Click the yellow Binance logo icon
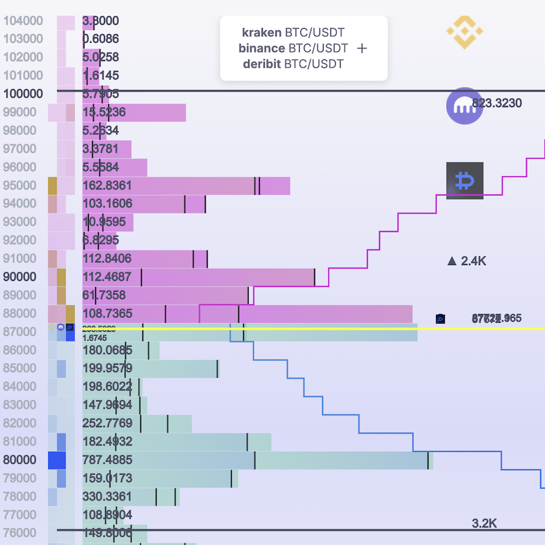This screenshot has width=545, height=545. tap(465, 31)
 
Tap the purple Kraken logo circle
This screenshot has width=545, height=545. tap(464, 106)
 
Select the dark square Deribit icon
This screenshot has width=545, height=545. tap(465, 181)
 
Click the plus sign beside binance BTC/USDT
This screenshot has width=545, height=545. tap(362, 48)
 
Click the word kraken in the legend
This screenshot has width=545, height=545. tap(262, 32)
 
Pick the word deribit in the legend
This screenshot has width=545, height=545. tap(262, 64)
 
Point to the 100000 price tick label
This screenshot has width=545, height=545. tap(23, 94)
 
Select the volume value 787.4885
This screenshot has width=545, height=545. tap(107, 460)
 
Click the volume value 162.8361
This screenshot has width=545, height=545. tap(107, 185)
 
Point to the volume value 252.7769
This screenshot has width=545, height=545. tap(107, 424)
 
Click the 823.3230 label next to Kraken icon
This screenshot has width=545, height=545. tap(497, 104)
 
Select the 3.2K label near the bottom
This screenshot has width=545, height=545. tap(484, 523)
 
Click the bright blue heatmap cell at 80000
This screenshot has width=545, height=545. tap(57, 461)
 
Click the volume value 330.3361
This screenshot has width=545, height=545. tap(107, 497)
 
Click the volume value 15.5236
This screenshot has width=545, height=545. tap(104, 112)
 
